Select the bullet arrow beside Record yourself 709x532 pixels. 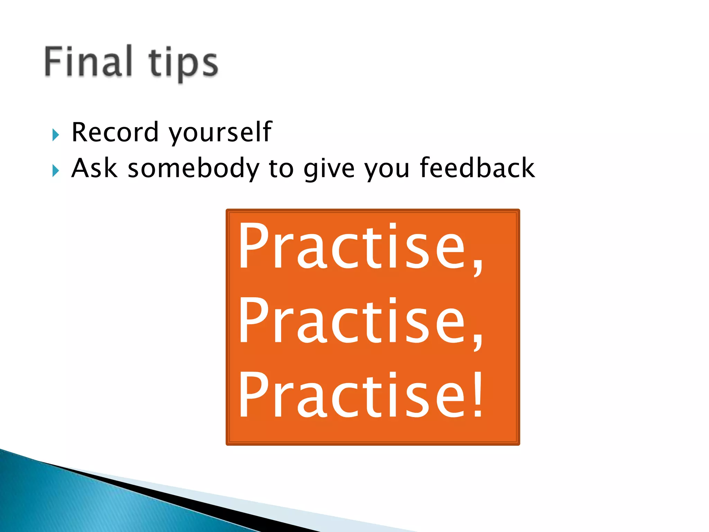pos(56,135)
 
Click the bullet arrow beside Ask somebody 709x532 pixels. pos(56,171)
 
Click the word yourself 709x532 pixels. pos(220,133)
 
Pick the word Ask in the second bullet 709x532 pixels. pos(94,168)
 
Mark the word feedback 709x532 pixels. pos(477,168)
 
